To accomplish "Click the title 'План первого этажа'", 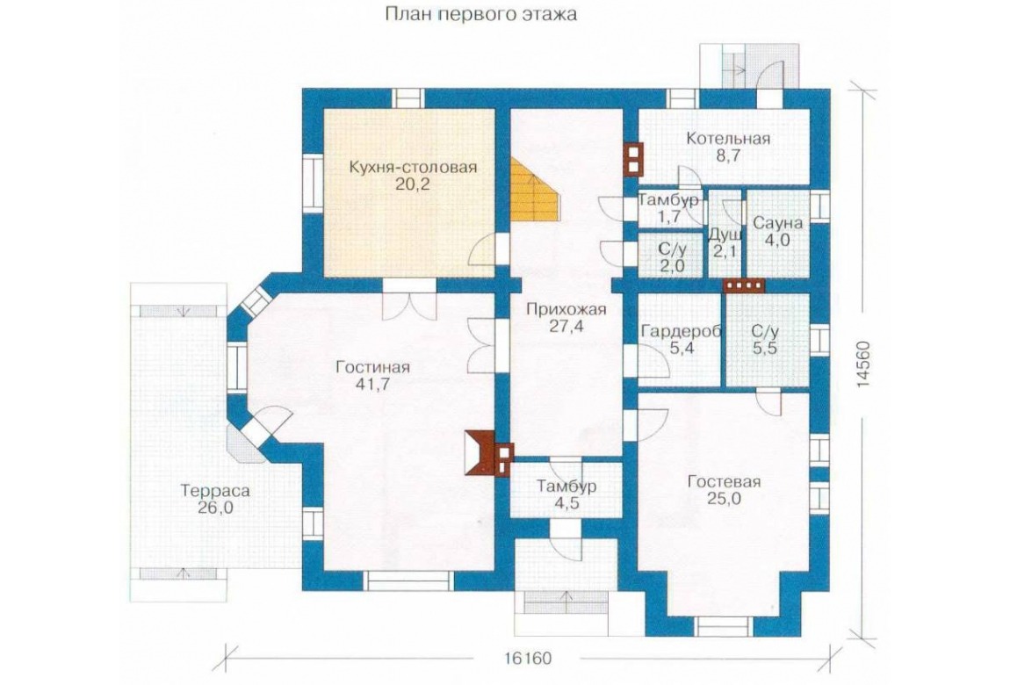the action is click(481, 14).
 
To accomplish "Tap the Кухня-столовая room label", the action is click(413, 168).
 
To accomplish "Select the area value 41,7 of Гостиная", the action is click(372, 385).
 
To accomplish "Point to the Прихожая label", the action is click(566, 310).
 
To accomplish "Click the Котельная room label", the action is click(728, 139).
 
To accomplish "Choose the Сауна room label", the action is click(777, 223).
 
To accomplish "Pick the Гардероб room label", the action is click(681, 332).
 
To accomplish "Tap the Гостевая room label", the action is click(724, 481).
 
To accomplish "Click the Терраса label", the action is click(215, 491).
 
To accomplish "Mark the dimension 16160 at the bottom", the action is click(528, 659).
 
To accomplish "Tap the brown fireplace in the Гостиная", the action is click(479, 452).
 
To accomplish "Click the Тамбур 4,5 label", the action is click(566, 494).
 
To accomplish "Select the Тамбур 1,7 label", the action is click(668, 208).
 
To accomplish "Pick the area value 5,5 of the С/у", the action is click(765, 349).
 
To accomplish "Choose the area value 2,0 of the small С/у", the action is click(672, 265).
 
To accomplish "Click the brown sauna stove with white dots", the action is click(744, 285).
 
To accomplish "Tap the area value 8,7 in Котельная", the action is click(728, 155).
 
